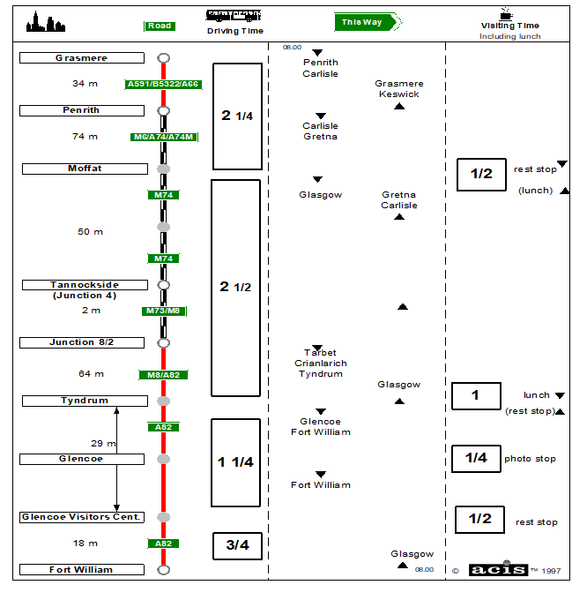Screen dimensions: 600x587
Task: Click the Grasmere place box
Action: [81, 58]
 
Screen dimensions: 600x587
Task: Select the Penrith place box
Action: [81, 110]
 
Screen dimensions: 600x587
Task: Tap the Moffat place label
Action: [85, 169]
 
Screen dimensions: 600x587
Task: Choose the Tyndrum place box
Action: [85, 401]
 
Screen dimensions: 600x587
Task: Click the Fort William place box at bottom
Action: [81, 570]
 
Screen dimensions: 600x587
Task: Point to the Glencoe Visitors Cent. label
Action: [82, 517]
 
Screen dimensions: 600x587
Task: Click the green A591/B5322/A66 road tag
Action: [163, 85]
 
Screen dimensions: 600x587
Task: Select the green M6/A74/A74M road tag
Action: [163, 137]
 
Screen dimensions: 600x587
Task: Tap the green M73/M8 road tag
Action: [163, 311]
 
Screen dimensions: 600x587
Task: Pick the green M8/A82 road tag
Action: [163, 375]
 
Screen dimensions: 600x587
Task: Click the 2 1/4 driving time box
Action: [237, 116]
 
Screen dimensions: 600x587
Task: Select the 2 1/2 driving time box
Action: [236, 288]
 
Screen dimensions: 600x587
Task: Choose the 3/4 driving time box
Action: [237, 545]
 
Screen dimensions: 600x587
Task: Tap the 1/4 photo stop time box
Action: [476, 458]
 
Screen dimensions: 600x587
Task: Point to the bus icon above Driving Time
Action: [234, 15]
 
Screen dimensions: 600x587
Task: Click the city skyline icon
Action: [46, 23]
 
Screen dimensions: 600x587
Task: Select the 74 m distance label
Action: [85, 137]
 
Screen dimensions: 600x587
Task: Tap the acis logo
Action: [498, 570]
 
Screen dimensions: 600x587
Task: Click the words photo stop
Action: [530, 459]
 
